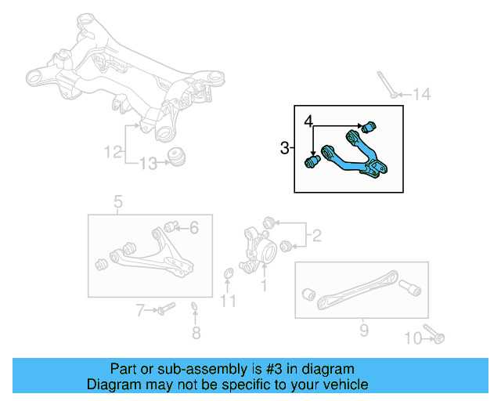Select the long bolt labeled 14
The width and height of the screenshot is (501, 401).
point(385,84)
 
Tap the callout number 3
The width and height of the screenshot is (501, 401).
point(284,146)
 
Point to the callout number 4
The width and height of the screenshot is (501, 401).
point(309,121)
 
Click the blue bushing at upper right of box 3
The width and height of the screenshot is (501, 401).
point(373,125)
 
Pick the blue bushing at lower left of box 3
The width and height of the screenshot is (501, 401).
point(311,162)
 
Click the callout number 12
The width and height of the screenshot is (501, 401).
point(114,150)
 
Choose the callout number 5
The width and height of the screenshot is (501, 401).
point(117,204)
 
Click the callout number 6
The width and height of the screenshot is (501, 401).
point(194,228)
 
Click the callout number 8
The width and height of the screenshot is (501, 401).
point(196,333)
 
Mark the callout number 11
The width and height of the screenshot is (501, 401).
point(228,301)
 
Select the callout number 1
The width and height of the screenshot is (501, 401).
point(263,287)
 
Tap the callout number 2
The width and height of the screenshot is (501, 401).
point(316,234)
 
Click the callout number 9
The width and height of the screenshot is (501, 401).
point(363,331)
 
